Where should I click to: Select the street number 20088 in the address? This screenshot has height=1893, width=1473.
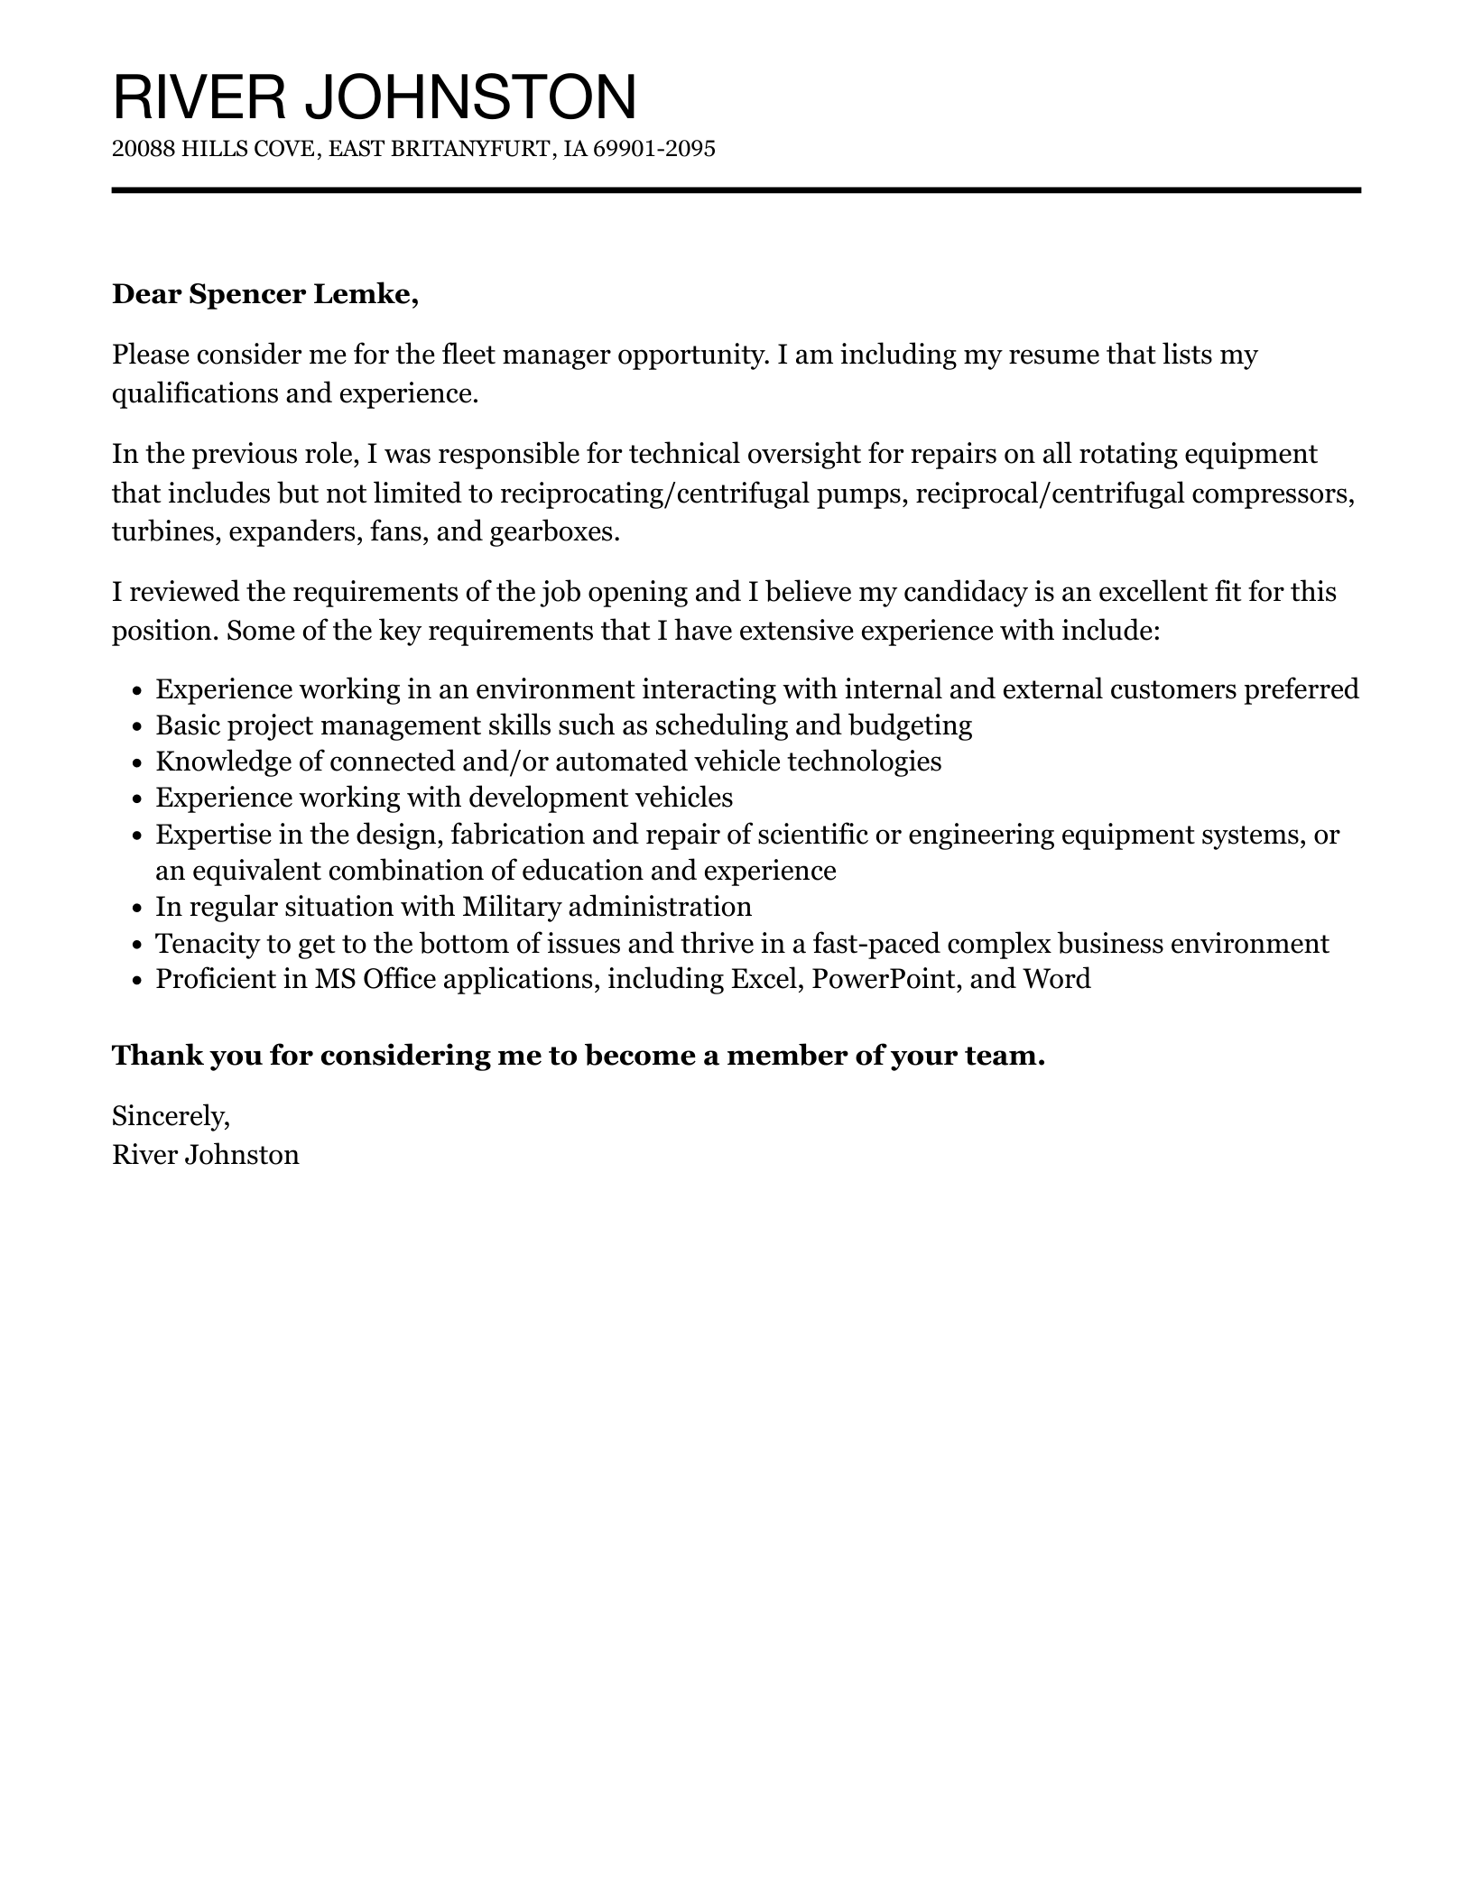click(143, 149)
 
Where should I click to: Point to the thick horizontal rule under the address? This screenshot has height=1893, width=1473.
click(736, 190)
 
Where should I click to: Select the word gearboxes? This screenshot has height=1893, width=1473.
click(554, 531)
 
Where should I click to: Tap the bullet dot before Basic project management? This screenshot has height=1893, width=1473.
click(137, 726)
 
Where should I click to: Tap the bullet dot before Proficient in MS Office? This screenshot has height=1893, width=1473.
click(137, 980)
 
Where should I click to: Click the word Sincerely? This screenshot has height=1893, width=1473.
click(171, 1117)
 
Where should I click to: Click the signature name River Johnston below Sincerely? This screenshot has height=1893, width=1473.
click(205, 1155)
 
